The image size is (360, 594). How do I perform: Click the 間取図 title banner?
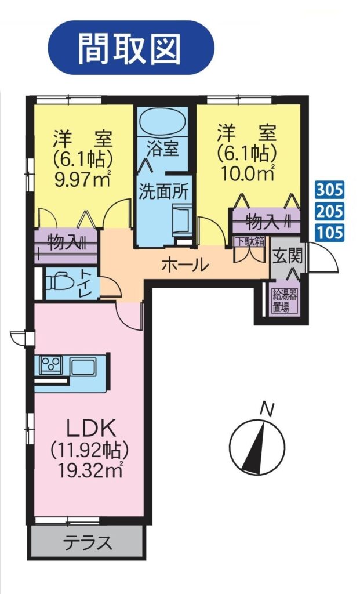click(130, 48)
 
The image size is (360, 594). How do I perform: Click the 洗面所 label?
click(163, 192)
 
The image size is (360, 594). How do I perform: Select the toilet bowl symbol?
click(59, 281)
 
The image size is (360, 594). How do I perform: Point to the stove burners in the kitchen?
click(51, 365)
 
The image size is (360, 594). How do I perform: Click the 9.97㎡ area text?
click(83, 179)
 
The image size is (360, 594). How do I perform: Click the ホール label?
click(185, 265)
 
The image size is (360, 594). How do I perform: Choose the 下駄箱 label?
click(249, 242)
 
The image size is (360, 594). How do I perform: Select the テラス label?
click(88, 543)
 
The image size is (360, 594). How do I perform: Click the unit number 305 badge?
click(330, 190)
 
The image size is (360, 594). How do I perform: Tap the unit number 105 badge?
click(330, 232)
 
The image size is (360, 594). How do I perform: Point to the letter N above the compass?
click(267, 410)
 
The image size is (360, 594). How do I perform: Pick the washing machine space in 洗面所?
click(182, 218)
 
